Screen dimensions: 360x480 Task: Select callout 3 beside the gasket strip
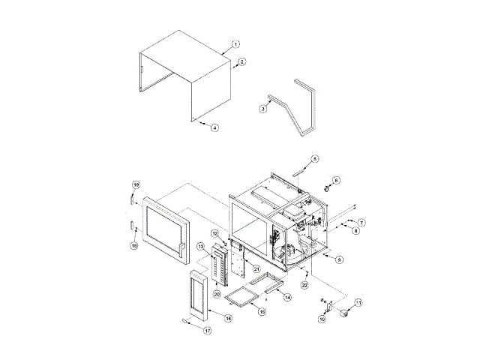tap(263, 109)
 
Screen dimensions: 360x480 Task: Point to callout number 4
tap(214, 127)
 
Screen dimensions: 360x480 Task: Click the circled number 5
tap(315, 159)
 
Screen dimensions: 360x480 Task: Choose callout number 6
tap(336, 181)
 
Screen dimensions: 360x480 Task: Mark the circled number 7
tap(361, 223)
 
